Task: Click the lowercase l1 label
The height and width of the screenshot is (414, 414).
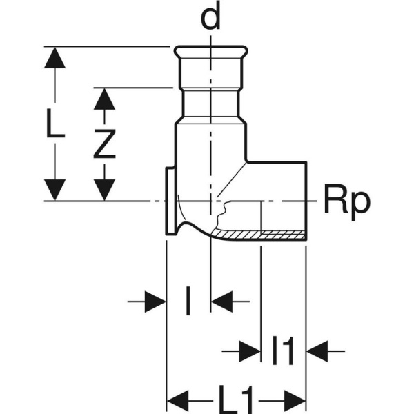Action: (x=283, y=352)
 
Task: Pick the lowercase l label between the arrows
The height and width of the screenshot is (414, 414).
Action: (x=188, y=302)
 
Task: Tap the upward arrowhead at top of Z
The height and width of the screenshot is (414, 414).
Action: (x=103, y=100)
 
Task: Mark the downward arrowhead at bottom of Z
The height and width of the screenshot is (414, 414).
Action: (x=103, y=188)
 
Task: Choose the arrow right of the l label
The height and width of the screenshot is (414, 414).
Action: (x=222, y=302)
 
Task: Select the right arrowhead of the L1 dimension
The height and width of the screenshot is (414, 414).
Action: (x=294, y=399)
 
